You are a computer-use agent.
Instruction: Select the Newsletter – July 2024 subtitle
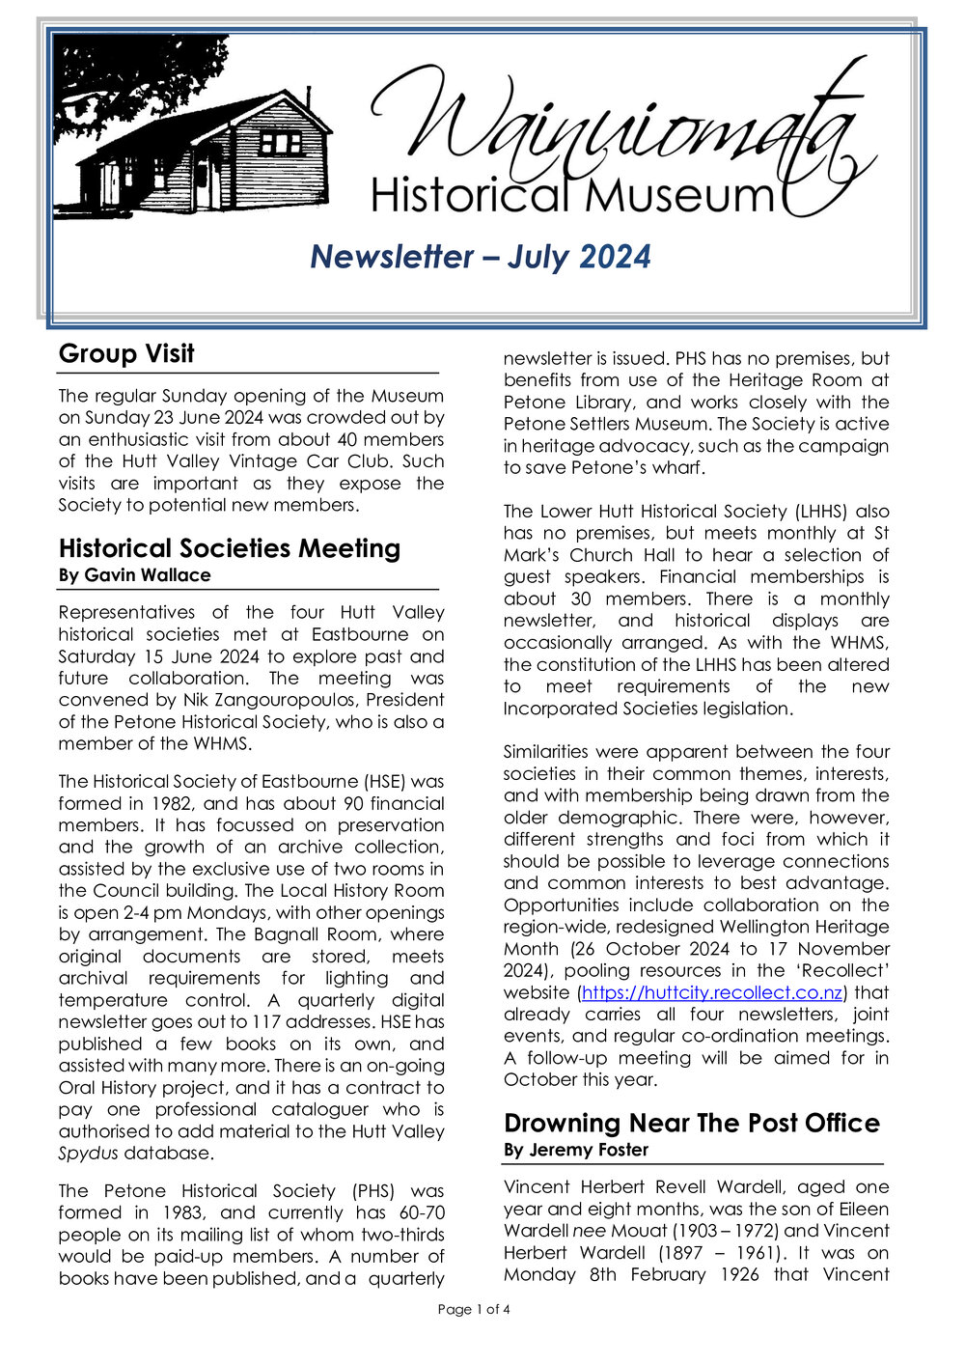click(481, 257)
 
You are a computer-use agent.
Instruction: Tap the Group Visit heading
click(126, 353)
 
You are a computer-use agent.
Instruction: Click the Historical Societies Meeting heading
click(230, 548)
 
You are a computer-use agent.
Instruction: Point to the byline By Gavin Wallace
click(134, 575)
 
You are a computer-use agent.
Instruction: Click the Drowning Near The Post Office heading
click(691, 1123)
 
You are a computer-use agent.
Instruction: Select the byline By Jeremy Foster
click(576, 1150)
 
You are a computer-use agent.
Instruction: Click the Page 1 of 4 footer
click(474, 1309)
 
